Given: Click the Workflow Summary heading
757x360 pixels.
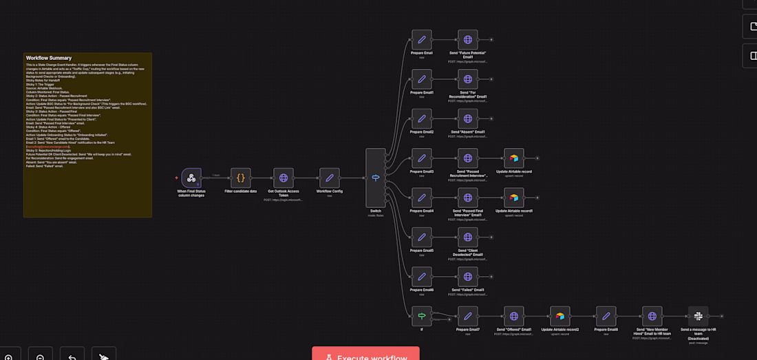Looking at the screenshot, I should [x=49, y=58].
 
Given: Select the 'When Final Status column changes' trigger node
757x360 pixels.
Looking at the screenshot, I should [x=191, y=178].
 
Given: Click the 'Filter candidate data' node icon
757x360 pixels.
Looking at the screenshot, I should [x=241, y=178].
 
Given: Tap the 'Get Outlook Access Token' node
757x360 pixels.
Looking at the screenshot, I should [x=284, y=178].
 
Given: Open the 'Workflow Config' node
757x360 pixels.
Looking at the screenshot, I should [x=330, y=178].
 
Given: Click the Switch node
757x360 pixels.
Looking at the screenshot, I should [x=376, y=178].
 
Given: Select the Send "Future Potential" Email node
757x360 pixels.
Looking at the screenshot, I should [x=468, y=39].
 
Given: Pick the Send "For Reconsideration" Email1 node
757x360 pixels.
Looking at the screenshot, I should [x=468, y=78].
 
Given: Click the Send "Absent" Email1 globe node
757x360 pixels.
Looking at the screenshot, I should [x=468, y=118].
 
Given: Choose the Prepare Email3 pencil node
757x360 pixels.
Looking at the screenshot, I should [x=422, y=158].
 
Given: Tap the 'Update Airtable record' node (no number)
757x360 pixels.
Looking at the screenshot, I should [x=513, y=158].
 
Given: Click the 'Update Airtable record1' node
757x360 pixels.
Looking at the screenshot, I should [x=513, y=198].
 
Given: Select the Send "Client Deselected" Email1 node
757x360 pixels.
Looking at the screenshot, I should [x=468, y=237].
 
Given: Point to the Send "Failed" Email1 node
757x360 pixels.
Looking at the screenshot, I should [x=468, y=276].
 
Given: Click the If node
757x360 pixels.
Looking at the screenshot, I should [x=422, y=316].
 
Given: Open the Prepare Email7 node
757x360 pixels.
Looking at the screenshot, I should [x=468, y=316].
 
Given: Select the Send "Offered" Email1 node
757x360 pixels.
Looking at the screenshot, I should [x=513, y=316].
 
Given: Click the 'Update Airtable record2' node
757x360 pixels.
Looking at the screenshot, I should [x=559, y=316].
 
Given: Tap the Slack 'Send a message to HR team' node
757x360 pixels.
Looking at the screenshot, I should [x=699, y=316].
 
